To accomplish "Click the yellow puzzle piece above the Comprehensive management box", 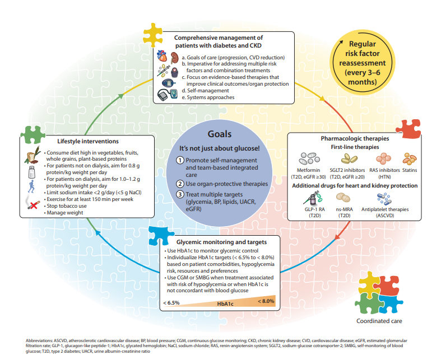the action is [x=153, y=35].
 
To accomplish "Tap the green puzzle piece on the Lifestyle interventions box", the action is [x=33, y=134].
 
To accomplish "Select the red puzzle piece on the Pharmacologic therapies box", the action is [x=408, y=129].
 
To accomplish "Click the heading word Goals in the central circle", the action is [x=219, y=134].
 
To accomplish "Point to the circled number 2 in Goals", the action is [x=180, y=184].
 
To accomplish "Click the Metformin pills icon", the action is [x=309, y=158].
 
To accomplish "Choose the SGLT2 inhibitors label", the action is [x=347, y=170].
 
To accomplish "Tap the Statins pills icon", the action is [x=410, y=159].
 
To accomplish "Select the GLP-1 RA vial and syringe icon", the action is [x=313, y=198].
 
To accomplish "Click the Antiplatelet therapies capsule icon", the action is [x=384, y=199].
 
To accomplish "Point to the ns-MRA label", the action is [x=344, y=209].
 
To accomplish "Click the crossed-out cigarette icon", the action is [x=33, y=203].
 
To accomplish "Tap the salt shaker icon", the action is [x=32, y=172].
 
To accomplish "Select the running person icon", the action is [x=32, y=186].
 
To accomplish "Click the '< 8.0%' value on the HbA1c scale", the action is [x=266, y=301].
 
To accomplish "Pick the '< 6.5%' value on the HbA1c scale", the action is [x=171, y=303].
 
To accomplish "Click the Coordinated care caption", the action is [x=379, y=321].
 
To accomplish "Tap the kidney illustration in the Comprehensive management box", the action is [x=174, y=57].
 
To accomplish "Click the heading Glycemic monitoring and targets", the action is [x=222, y=242].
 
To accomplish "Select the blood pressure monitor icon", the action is [x=168, y=95].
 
